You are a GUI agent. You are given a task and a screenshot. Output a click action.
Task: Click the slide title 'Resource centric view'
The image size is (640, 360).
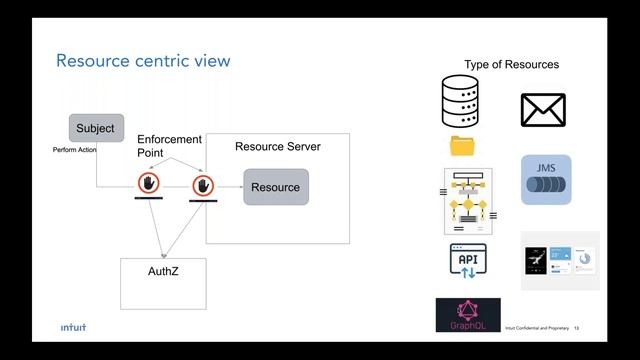[x=143, y=61]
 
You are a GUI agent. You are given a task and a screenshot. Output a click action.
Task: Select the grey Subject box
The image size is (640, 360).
[x=96, y=128]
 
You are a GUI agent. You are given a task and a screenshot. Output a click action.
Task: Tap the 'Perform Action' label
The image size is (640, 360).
[x=74, y=150]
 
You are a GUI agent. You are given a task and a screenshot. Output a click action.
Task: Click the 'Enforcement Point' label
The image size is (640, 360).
[x=169, y=146]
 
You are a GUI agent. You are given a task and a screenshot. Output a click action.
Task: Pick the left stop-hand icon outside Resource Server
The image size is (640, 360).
[x=149, y=184]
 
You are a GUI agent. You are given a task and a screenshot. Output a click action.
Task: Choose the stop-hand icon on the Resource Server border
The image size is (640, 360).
[x=205, y=185]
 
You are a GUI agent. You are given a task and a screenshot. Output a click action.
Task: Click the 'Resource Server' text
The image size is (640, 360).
[x=277, y=147]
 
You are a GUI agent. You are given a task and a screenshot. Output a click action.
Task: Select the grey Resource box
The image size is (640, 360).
[x=275, y=187]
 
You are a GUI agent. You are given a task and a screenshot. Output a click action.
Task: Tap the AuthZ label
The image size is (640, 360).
[x=163, y=271]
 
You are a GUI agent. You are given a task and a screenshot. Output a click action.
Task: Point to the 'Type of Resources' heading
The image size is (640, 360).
[x=511, y=65]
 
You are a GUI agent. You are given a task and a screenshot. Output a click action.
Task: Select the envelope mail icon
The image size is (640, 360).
[x=543, y=110]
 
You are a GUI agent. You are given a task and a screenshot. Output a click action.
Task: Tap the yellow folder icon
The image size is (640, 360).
[x=463, y=146]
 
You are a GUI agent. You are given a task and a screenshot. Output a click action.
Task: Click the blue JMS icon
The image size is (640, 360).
[x=546, y=180]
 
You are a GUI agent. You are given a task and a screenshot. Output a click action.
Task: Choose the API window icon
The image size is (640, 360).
[x=467, y=262]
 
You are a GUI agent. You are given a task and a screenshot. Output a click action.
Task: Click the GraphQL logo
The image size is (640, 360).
[x=468, y=315]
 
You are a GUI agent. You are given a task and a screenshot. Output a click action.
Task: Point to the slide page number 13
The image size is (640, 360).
[x=577, y=328]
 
